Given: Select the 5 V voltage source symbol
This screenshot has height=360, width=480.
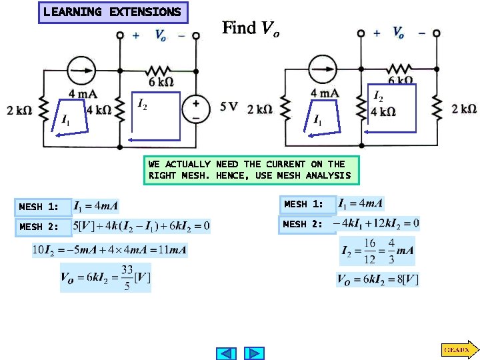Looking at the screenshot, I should click(x=197, y=108).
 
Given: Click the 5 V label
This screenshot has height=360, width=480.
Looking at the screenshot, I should click(x=228, y=106).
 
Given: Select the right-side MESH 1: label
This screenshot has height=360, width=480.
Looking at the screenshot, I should click(x=305, y=204).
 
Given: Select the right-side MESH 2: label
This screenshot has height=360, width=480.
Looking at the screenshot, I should click(x=305, y=224).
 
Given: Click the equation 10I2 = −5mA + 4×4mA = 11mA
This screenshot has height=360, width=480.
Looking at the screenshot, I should click(x=110, y=251).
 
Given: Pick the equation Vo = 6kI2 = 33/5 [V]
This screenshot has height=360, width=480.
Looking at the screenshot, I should click(x=105, y=277).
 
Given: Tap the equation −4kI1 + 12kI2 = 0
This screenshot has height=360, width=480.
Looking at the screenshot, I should click(x=377, y=223).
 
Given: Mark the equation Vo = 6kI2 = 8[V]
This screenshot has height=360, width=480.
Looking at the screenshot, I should click(x=377, y=279).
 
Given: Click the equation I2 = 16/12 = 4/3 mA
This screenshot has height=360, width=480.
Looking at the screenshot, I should click(x=377, y=251).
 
